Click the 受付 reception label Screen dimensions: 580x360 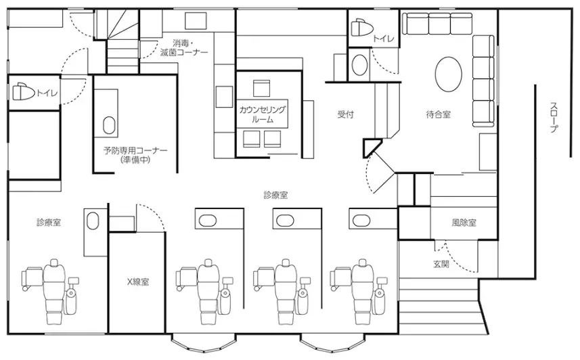(x=345, y=114)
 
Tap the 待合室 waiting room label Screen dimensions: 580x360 (x=439, y=114)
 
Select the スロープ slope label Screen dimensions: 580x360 (x=554, y=117)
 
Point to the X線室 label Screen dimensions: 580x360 (x=138, y=282)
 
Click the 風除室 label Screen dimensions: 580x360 (x=464, y=223)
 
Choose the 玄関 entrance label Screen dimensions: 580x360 (x=441, y=264)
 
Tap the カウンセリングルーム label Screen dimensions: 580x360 (x=263, y=114)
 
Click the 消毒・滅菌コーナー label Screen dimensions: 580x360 (x=184, y=48)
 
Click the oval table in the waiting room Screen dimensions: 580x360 (x=448, y=74)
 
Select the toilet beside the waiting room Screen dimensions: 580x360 (x=361, y=28)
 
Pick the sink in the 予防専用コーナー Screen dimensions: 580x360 (x=109, y=125)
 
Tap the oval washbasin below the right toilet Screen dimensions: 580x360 (x=359, y=66)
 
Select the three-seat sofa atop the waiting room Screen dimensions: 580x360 (x=438, y=24)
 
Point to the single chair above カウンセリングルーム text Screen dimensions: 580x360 (x=261, y=88)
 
